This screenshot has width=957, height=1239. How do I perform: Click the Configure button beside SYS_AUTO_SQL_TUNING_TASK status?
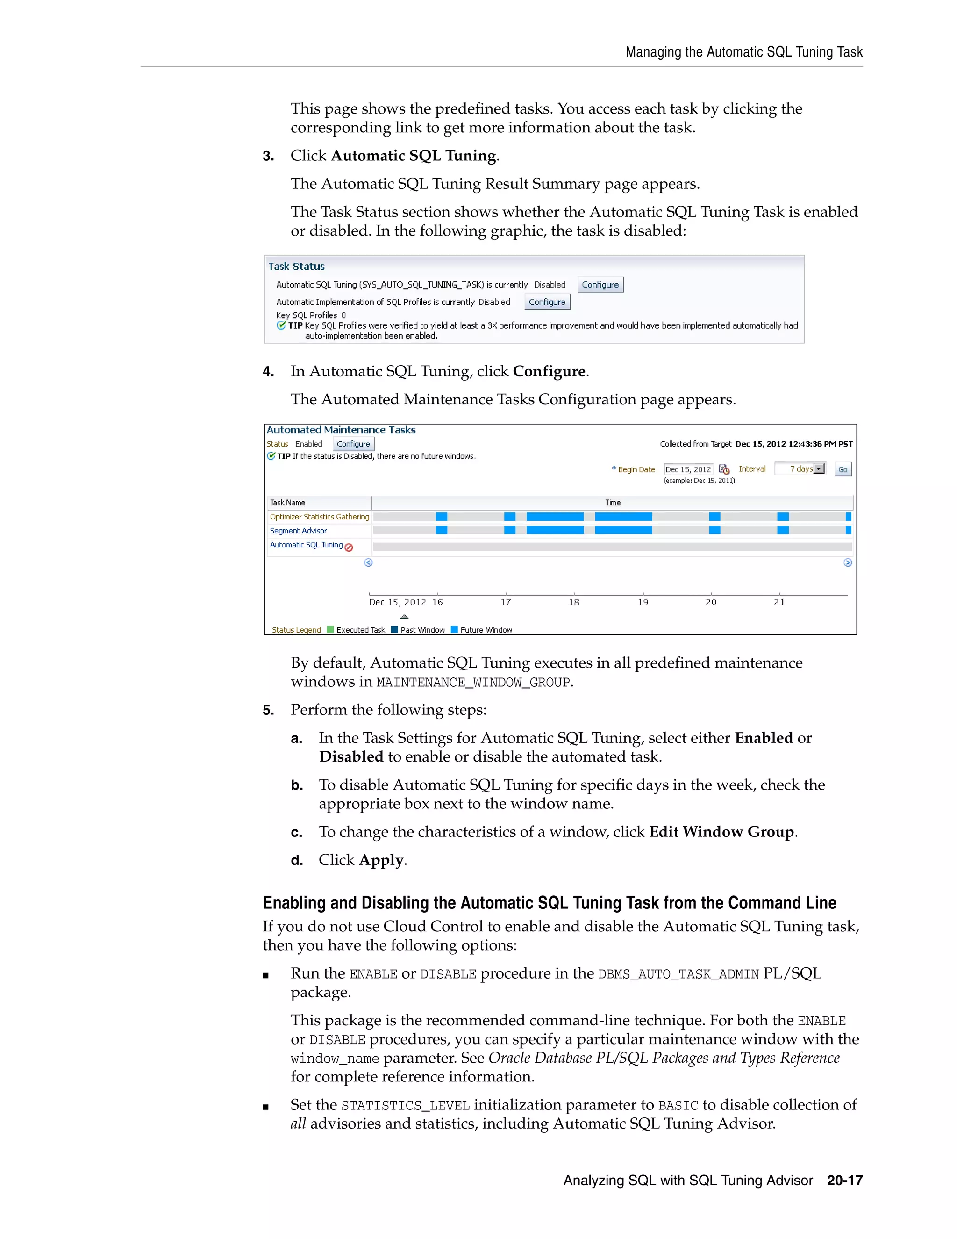600,285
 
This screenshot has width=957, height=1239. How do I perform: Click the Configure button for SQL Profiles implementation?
547,302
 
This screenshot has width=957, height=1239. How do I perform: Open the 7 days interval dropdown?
819,468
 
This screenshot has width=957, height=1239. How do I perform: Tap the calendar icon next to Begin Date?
724,469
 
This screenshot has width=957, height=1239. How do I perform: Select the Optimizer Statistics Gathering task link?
319,517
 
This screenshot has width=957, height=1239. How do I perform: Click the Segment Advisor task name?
298,531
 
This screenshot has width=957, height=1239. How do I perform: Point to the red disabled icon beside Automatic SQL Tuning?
349,547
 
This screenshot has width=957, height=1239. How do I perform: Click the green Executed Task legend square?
330,630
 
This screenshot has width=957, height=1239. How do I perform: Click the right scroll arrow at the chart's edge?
848,563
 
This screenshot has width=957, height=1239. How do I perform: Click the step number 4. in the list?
268,372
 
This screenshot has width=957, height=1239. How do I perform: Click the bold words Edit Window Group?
721,832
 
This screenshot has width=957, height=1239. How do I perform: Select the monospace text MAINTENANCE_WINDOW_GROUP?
473,683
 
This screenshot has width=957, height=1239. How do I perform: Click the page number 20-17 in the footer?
844,1181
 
